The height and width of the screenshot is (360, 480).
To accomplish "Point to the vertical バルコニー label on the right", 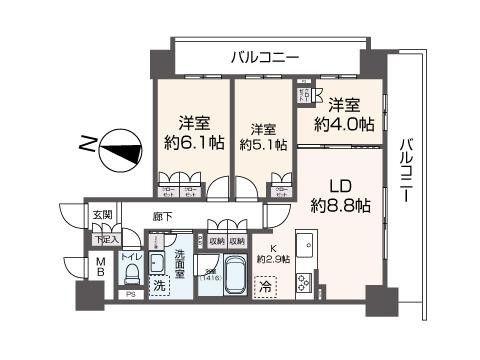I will pyautogui.click(x=408, y=171).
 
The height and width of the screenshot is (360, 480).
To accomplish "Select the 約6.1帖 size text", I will pyautogui.click(x=193, y=142).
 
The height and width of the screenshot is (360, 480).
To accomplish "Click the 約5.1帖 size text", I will pyautogui.click(x=263, y=144).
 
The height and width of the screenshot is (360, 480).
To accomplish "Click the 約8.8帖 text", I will pyautogui.click(x=341, y=206).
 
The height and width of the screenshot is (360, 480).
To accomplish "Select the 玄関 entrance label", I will pyautogui.click(x=103, y=214).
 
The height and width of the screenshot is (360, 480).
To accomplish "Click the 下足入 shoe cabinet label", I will pyautogui.click(x=106, y=239).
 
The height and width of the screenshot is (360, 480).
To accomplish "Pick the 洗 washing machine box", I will pyautogui.click(x=160, y=286).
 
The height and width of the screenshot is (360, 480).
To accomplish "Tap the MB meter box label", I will pyautogui.click(x=101, y=268).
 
